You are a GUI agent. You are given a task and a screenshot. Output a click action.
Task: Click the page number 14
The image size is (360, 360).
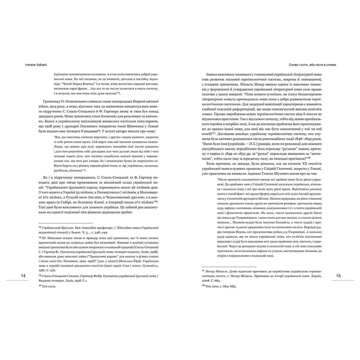pyautogui.click(x=23, y=275)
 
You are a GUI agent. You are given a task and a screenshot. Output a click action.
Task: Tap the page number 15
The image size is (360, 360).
pyautogui.click(x=338, y=275)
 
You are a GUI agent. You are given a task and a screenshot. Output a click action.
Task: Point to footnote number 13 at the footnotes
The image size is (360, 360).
pyautogui.click(x=40, y=228)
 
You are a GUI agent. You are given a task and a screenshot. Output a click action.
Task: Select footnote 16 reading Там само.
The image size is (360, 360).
pyautogui.click(x=50, y=287)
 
